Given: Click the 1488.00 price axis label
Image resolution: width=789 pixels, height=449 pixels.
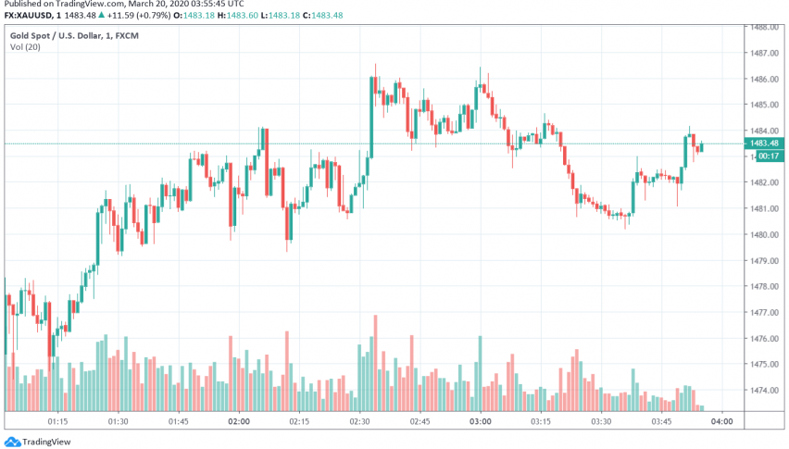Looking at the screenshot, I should point(765,27).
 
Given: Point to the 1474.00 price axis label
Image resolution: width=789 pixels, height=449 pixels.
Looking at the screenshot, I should point(765,391).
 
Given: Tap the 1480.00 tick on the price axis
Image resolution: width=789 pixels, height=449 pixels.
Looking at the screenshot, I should point(765,235).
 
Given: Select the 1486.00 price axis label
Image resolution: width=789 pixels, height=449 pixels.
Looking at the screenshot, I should point(765,79).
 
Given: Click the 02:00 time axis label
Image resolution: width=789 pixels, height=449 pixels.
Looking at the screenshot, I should point(239,421).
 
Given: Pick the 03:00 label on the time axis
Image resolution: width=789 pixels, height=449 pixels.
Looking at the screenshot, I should point(480,421).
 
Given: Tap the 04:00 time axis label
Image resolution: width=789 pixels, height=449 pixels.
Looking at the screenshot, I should point(721,421).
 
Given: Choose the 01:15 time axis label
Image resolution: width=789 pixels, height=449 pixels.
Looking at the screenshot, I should point(57,421).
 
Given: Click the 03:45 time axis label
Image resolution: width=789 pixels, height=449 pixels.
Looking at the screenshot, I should point(661,421).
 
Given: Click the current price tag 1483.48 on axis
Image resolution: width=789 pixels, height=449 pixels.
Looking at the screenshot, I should point(766,143).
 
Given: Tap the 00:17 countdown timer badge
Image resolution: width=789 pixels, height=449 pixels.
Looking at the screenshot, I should point(768,156).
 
